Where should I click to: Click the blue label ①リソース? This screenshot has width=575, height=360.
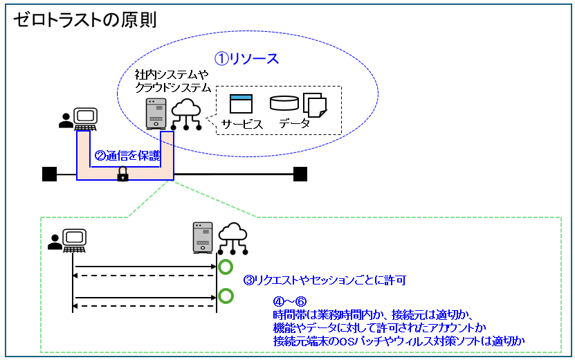[x=246, y=59]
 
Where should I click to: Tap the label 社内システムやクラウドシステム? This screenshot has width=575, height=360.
[x=172, y=80]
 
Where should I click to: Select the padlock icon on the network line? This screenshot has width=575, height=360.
[x=122, y=175]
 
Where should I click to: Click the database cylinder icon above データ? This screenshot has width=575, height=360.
[x=284, y=104]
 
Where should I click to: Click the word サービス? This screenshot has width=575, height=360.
[x=242, y=125]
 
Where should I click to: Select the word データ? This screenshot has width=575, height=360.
[x=294, y=125]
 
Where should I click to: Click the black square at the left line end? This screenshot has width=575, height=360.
[x=49, y=174]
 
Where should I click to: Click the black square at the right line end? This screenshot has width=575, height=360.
[x=300, y=174]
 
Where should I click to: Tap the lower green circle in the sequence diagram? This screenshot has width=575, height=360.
[x=225, y=297]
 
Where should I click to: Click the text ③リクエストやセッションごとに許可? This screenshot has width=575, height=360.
[x=323, y=280]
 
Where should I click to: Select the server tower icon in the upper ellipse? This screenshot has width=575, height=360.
[x=156, y=114]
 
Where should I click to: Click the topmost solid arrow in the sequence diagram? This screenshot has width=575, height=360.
[x=145, y=267]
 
